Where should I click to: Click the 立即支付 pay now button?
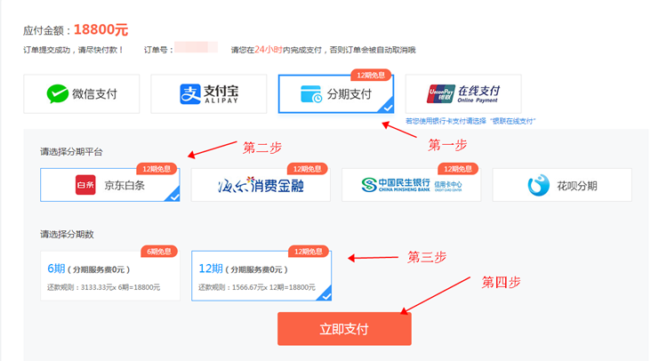[344, 329]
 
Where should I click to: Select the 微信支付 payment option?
[82, 93]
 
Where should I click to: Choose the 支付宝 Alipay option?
[209, 93]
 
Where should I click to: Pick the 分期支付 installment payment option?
[337, 93]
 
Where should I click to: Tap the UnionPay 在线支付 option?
[463, 93]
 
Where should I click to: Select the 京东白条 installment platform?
[109, 185]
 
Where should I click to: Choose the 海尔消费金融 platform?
[261, 185]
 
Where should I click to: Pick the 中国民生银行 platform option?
[411, 185]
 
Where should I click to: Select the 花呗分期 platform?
[562, 185]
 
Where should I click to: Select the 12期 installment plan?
[261, 276]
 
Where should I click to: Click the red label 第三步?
[426, 257]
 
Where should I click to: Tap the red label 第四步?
[502, 282]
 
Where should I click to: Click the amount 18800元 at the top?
[101, 29]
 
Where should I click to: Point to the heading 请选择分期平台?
[71, 152]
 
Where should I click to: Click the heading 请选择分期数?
[67, 235]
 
